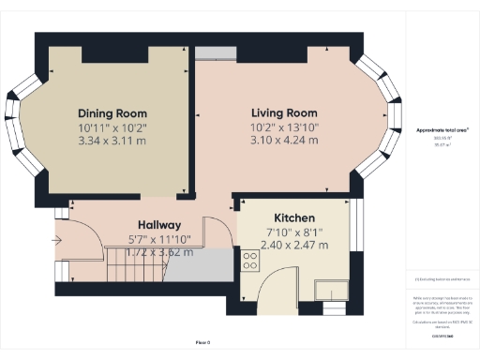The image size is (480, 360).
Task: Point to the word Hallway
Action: [x=159, y=225]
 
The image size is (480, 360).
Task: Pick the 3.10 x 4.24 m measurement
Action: [x=284, y=140]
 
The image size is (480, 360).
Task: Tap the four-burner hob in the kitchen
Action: [x=250, y=260]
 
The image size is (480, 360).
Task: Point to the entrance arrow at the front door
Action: [x=59, y=240]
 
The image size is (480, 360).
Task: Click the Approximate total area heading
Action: [x=442, y=130]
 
